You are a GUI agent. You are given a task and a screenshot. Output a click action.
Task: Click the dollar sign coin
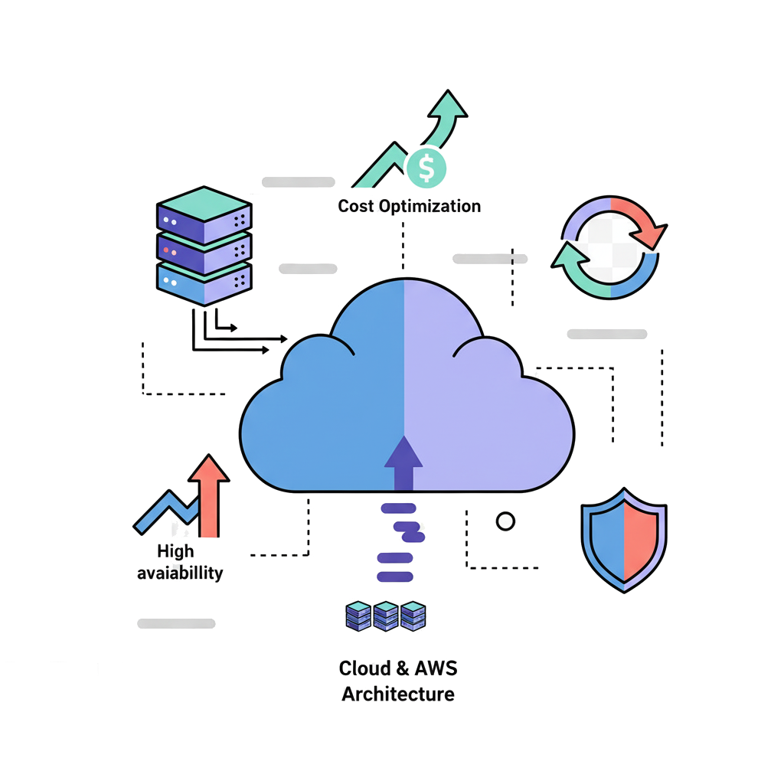coord(426,168)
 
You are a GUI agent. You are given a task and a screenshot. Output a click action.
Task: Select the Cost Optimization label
coord(410,206)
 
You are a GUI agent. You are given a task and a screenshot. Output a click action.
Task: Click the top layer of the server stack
coord(204,205)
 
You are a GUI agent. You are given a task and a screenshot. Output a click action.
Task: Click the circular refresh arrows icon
coord(609,247)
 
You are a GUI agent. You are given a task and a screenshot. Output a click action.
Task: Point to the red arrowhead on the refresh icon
coord(653,229)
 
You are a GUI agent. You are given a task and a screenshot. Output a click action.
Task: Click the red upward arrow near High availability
coord(209,490)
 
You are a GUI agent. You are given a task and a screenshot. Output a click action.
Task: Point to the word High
coord(175,550)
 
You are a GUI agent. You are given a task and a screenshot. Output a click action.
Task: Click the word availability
coord(180,573)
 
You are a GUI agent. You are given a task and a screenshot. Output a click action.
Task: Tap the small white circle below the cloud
coord(505,521)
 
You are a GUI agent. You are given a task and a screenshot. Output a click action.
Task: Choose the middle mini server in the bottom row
coord(385,616)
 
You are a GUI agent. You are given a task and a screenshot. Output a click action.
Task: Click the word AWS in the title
coord(436,668)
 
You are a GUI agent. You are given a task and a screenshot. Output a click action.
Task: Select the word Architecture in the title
coord(398,694)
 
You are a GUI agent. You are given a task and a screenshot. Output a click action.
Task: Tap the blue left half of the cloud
coord(329,413)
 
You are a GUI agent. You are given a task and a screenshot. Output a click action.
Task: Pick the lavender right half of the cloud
coord(482,413)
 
